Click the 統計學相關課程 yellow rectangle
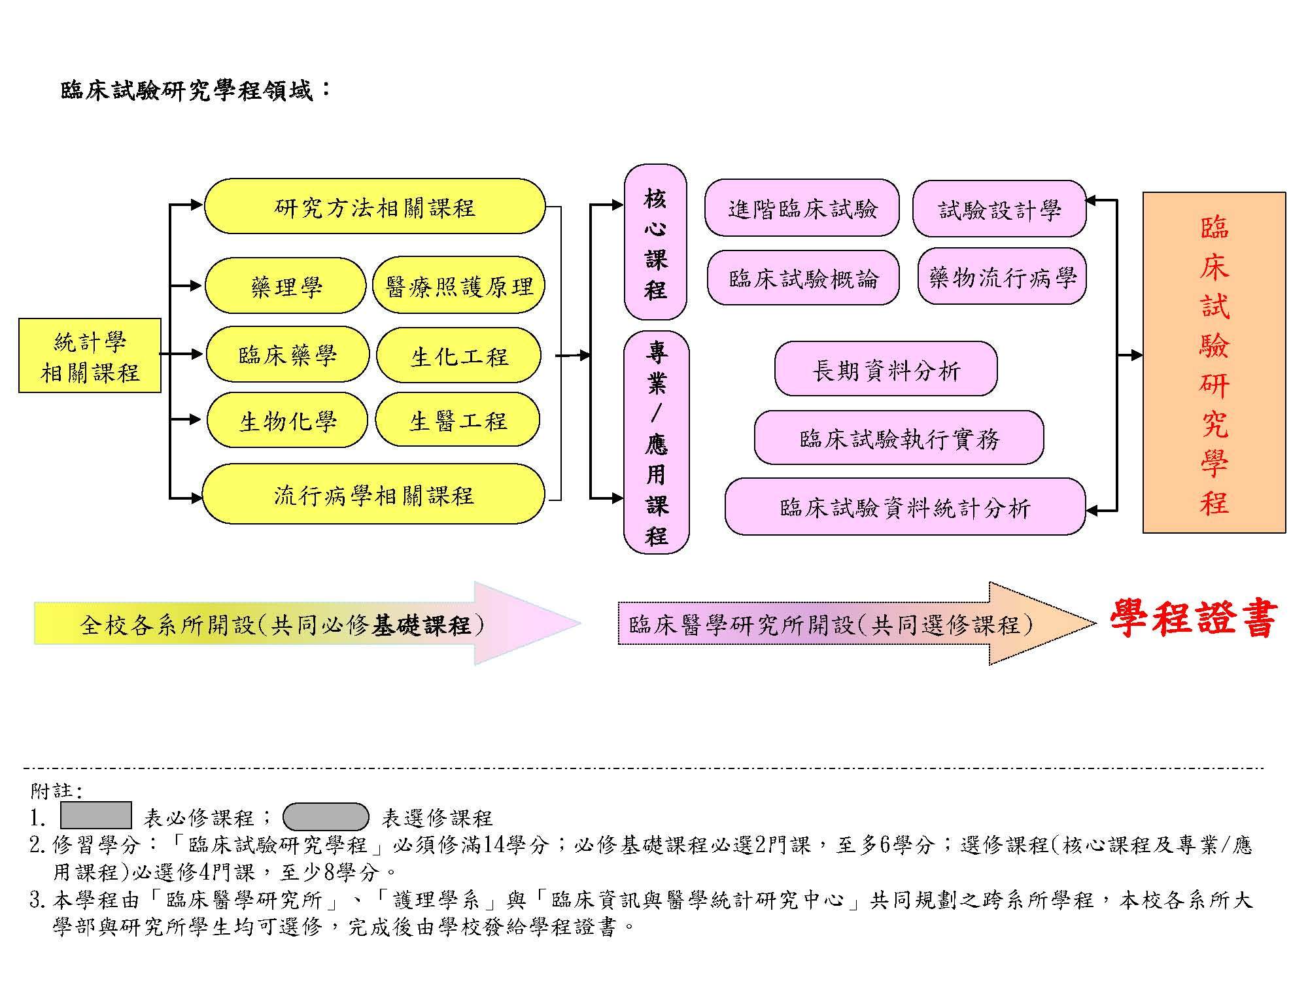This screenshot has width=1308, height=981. point(90,356)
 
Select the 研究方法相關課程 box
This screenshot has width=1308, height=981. point(374,207)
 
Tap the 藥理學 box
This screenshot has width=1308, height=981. point(285,286)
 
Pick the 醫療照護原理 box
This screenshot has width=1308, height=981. point(458,286)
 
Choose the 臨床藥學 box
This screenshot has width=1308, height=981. point(287,355)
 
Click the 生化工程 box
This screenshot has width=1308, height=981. point(458,355)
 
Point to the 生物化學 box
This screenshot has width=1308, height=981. point(287,421)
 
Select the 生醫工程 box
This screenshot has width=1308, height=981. point(458,420)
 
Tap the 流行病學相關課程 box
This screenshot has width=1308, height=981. point(373,494)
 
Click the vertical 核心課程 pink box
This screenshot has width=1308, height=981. point(655,242)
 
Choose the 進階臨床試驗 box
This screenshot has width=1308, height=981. point(802,208)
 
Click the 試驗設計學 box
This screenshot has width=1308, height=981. point(999,209)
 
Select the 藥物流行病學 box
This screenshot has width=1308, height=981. point(1002,277)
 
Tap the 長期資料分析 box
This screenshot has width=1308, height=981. point(886,370)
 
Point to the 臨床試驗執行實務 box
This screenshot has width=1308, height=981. point(899,438)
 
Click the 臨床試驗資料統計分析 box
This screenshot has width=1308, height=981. point(904,507)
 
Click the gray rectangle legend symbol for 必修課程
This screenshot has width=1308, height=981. point(95,816)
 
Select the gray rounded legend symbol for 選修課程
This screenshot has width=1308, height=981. point(326,817)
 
